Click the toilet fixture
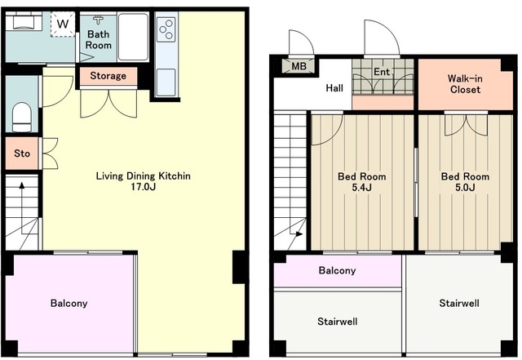(x=22, y=117)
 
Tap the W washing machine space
(x=63, y=24)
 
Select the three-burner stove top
(x=166, y=29)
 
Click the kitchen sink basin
(x=166, y=82)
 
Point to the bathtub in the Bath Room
(x=133, y=37)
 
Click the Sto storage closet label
(x=22, y=153)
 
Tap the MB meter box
(x=299, y=66)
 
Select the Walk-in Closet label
(x=465, y=84)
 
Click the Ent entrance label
(x=382, y=72)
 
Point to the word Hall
(x=334, y=88)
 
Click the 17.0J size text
(x=144, y=187)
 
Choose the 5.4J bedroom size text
(x=362, y=187)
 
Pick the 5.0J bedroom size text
(x=465, y=187)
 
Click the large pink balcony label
(x=69, y=303)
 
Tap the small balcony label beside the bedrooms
(x=337, y=270)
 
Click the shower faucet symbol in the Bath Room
(x=98, y=20)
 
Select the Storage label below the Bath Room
(x=108, y=76)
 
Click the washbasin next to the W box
(x=23, y=22)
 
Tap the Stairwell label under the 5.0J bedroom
(x=459, y=303)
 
